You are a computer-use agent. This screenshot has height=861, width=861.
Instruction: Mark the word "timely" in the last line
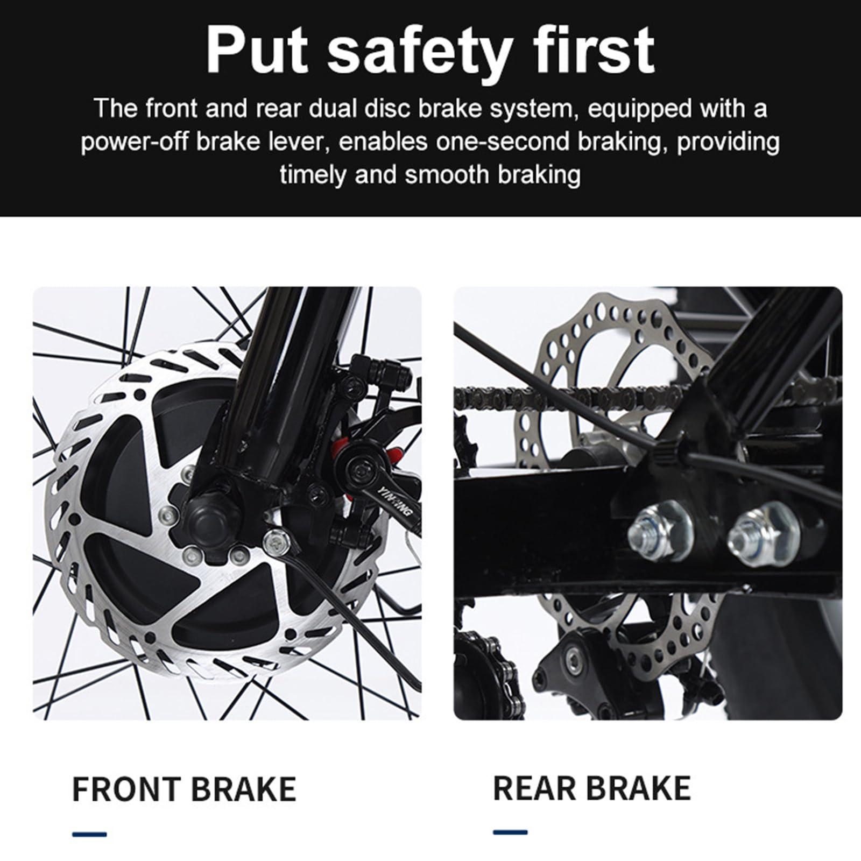click(x=313, y=175)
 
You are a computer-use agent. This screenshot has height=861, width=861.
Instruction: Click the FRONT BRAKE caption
click(x=184, y=789)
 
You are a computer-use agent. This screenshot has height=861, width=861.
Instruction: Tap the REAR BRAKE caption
click(x=591, y=788)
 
